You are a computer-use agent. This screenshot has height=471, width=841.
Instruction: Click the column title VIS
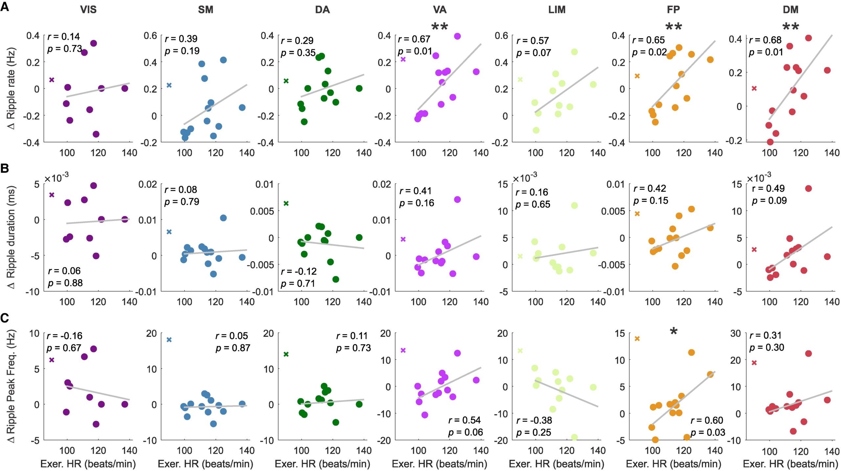(x=88, y=10)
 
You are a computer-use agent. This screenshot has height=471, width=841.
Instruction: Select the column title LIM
(x=557, y=10)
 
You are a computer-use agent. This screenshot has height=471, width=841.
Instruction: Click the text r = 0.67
(x=414, y=39)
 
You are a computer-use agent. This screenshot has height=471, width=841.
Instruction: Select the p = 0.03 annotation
(x=708, y=432)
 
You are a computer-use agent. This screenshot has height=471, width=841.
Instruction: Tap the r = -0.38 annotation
(x=534, y=420)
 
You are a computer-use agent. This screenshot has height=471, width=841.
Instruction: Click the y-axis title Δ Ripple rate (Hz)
(x=11, y=89)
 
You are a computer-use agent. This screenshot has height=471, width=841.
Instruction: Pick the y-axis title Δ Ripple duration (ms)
(x=11, y=237)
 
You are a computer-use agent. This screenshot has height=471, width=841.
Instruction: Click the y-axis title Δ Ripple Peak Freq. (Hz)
(x=11, y=386)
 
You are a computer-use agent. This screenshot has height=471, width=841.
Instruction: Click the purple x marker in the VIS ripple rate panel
(x=52, y=80)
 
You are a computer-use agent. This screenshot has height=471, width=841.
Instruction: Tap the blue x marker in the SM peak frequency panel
(x=169, y=340)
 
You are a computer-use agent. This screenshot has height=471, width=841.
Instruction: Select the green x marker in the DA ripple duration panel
(x=286, y=203)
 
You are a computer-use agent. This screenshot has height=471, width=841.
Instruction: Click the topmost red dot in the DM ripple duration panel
(x=808, y=188)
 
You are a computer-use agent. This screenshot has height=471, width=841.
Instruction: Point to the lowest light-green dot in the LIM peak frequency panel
(x=574, y=437)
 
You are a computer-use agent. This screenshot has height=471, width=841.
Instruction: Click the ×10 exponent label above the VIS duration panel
(x=56, y=177)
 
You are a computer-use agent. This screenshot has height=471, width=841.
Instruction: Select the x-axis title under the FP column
(x=673, y=464)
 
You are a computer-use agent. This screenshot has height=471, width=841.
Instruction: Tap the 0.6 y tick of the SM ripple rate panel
(x=150, y=35)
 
